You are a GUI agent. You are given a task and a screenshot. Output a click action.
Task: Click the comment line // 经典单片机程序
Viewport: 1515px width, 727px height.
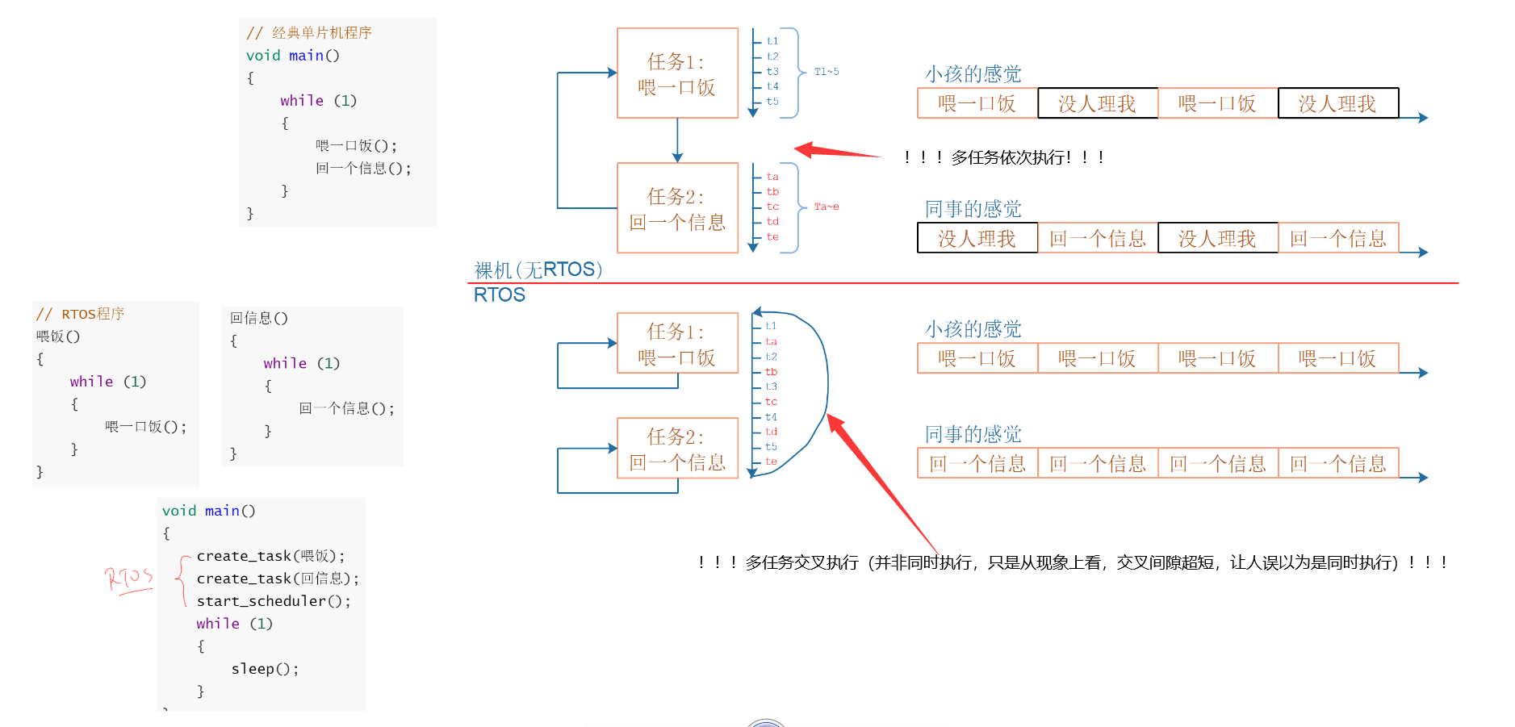click(309, 33)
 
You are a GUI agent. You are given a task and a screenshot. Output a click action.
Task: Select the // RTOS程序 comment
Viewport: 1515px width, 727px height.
click(81, 314)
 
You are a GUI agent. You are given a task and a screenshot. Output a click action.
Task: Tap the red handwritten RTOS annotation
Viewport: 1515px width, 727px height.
click(128, 579)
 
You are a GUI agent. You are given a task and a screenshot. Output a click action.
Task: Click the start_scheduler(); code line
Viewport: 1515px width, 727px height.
click(274, 601)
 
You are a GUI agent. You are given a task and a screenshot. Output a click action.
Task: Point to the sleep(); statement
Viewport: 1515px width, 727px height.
click(265, 669)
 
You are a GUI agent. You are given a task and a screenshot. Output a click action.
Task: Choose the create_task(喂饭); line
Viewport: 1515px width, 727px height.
click(270, 556)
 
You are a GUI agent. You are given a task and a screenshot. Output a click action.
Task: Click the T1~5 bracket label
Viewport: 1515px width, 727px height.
click(826, 72)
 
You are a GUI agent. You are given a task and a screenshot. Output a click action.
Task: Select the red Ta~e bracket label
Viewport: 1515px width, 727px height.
click(826, 207)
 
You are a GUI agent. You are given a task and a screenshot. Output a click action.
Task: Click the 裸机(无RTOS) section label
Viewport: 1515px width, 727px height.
click(538, 269)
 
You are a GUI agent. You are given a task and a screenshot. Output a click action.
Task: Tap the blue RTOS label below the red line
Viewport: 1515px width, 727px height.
click(499, 295)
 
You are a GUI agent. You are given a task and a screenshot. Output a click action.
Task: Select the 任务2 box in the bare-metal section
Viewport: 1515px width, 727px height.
click(677, 208)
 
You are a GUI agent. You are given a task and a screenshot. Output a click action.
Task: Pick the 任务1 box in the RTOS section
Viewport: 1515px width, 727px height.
click(677, 343)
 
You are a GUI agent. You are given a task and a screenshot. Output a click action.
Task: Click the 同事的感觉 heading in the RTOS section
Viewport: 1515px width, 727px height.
click(973, 434)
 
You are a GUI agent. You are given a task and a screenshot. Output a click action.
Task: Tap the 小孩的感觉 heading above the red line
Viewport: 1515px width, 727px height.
click(973, 74)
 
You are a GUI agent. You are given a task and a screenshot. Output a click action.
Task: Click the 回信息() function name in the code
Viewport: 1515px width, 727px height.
click(259, 318)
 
